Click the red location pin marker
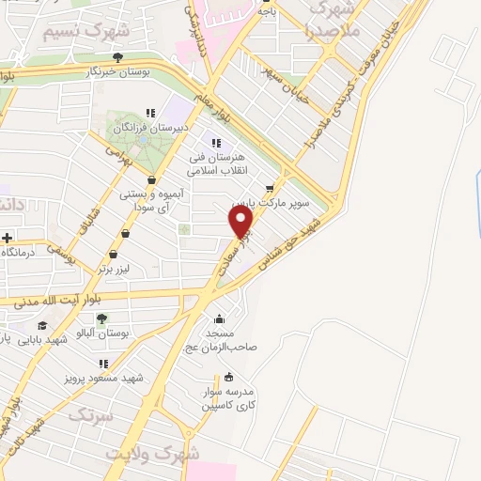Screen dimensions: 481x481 click(x=241, y=222)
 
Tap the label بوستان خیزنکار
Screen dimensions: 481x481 click(x=85, y=72)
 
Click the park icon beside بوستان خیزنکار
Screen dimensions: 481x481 click(x=116, y=57)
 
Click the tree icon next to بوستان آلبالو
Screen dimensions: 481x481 click(x=102, y=319)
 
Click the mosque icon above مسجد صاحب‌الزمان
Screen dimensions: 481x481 click(x=220, y=318)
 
